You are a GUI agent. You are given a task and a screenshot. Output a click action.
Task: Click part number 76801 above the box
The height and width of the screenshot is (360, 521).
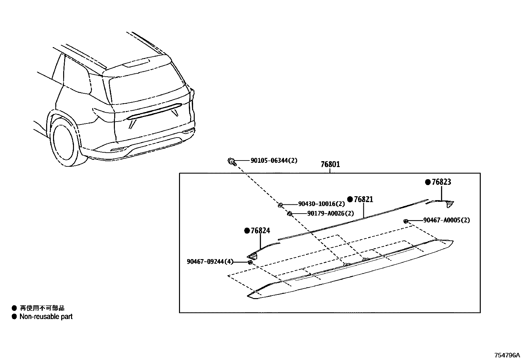(x=330, y=164)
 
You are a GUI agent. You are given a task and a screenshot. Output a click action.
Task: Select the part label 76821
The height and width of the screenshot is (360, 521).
(x=363, y=199)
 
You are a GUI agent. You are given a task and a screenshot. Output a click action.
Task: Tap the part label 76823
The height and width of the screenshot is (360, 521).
(x=441, y=182)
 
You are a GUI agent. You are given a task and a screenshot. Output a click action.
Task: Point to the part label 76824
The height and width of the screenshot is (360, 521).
(x=260, y=231)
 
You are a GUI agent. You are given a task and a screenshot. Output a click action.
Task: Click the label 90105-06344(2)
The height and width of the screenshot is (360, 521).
(x=274, y=161)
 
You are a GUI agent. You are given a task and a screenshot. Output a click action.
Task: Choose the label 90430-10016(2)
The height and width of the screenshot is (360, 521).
(x=321, y=204)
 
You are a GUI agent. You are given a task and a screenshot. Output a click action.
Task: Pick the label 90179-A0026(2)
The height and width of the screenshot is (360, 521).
(x=331, y=213)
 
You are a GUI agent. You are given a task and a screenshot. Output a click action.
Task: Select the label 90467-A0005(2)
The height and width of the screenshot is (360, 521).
(x=446, y=220)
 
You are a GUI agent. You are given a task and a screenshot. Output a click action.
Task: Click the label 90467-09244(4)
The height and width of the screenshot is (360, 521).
(x=210, y=261)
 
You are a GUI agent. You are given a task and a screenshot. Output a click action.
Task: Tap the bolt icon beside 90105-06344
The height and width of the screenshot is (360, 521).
(x=231, y=161)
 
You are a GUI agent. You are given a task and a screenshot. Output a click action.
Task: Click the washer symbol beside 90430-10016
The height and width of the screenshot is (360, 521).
(x=280, y=205)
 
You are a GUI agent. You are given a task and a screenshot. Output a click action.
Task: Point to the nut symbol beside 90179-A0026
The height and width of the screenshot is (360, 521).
(x=290, y=214)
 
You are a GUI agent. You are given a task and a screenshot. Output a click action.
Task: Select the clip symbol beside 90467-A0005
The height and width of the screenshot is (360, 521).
(x=406, y=221)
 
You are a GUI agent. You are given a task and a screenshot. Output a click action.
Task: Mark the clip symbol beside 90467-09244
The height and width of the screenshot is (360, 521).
(x=250, y=262)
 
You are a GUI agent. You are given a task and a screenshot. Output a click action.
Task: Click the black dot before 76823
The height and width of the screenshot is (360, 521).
(x=427, y=182)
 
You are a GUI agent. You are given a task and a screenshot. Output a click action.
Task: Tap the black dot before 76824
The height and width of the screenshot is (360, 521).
(x=247, y=231)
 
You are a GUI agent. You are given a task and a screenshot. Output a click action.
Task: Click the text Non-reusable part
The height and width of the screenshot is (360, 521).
(x=46, y=317)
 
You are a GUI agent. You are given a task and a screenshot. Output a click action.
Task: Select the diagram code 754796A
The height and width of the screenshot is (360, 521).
(x=507, y=355)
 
